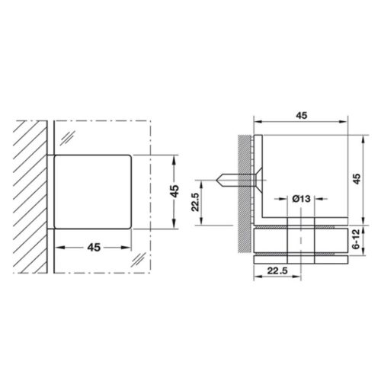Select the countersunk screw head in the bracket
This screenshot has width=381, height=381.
click(258, 180)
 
